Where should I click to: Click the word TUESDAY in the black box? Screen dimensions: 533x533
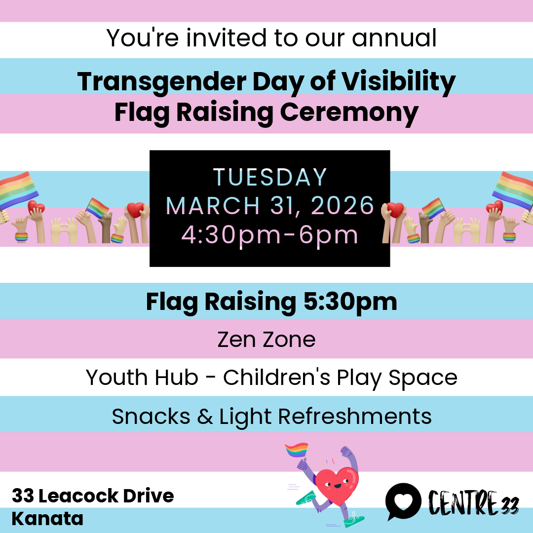click(270, 177)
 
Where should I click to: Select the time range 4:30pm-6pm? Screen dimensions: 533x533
click(270, 234)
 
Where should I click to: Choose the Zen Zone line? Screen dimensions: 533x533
click(266, 340)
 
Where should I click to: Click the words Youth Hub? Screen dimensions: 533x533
click(142, 378)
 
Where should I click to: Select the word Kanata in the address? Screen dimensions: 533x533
click(47, 519)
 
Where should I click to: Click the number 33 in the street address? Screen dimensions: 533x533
click(23, 495)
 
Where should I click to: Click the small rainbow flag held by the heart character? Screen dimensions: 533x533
click(297, 450)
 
